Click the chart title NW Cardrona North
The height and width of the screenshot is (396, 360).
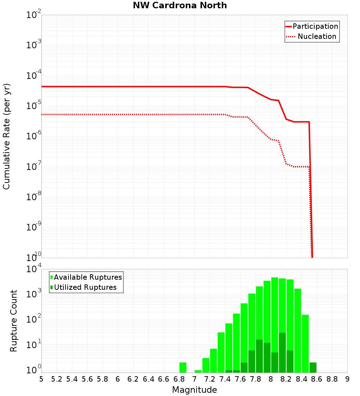[180, 5]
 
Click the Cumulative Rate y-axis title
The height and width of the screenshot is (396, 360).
[6, 136]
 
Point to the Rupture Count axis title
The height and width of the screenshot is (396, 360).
[14, 320]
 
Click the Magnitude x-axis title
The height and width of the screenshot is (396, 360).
[194, 390]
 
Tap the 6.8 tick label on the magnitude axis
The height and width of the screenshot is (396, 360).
[179, 379]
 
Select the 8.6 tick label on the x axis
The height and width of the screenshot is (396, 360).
[317, 379]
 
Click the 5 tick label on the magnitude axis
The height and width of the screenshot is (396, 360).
[41, 379]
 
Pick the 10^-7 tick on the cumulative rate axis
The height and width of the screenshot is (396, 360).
[33, 167]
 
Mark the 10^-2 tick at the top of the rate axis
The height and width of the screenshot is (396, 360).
[33, 15]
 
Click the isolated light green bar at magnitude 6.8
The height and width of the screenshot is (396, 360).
[183, 367]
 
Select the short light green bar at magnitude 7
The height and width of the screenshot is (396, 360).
[198, 371]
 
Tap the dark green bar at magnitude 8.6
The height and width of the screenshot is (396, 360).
[313, 367]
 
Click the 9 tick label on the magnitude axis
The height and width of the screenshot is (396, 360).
[347, 379]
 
